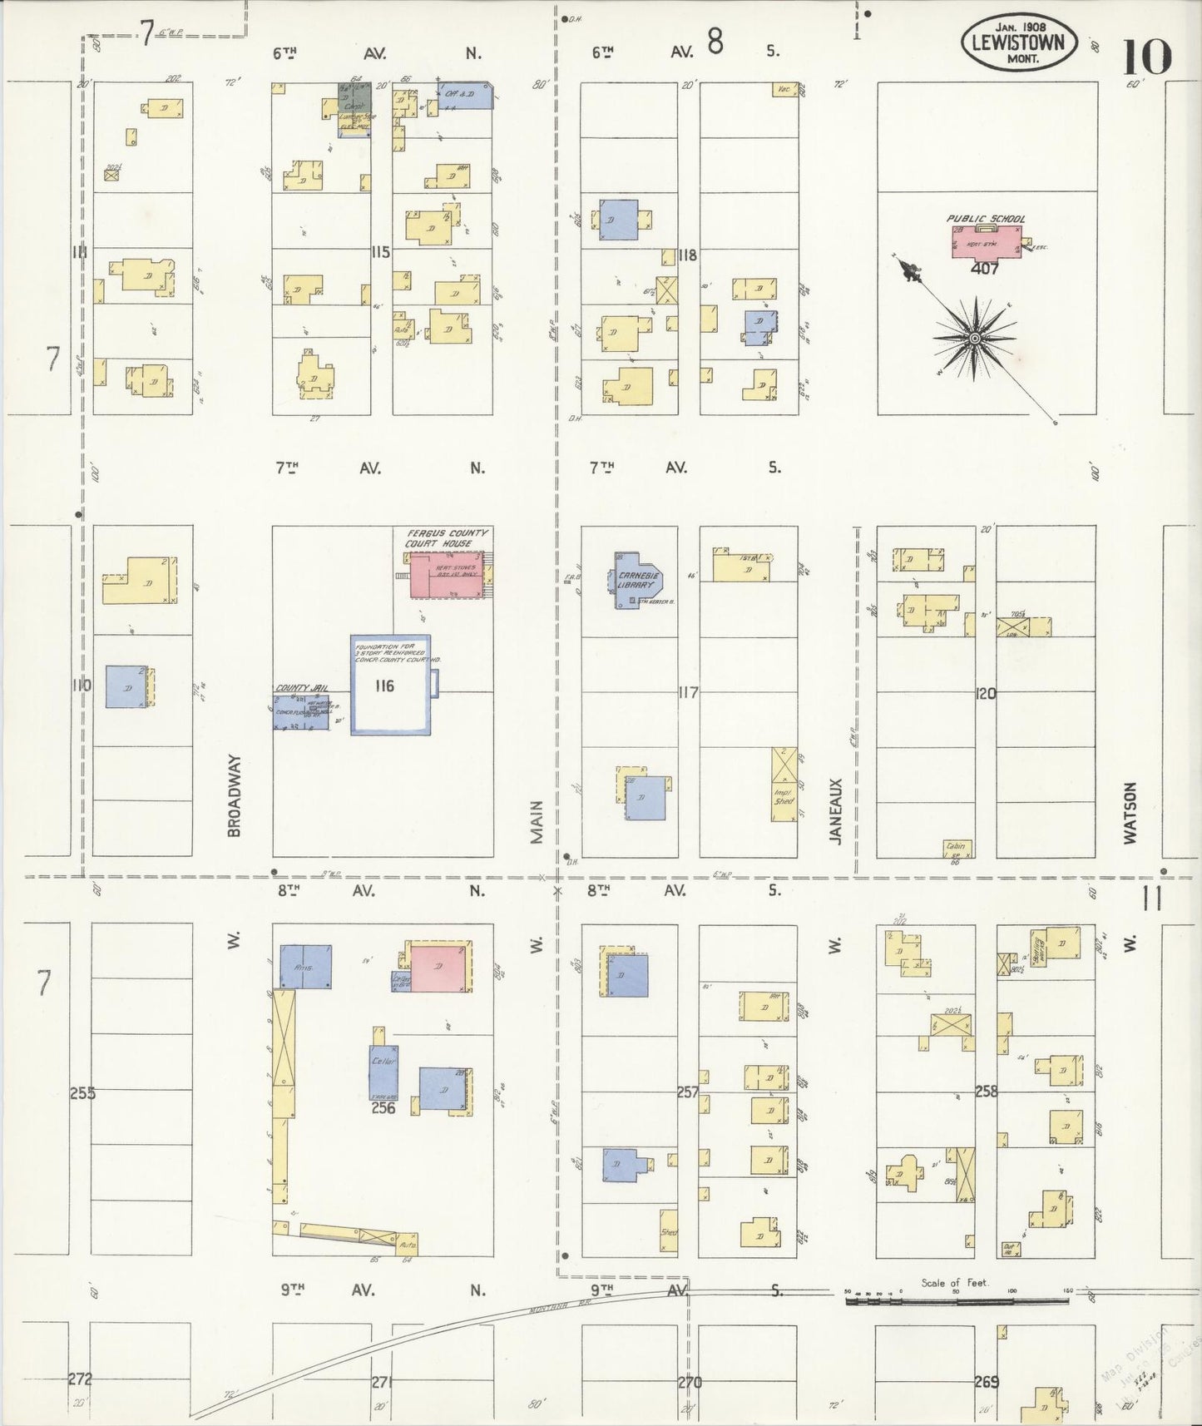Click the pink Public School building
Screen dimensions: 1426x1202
[987, 240]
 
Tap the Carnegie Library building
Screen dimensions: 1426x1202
[637, 579]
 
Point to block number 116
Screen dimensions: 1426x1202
[383, 686]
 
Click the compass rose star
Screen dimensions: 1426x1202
[974, 339]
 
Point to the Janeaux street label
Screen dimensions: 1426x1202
[836, 811]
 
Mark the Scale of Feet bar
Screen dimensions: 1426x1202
[957, 1299]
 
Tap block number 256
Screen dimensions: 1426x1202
[383, 1108]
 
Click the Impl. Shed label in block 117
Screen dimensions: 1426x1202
[783, 798]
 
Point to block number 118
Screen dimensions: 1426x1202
[686, 255]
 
